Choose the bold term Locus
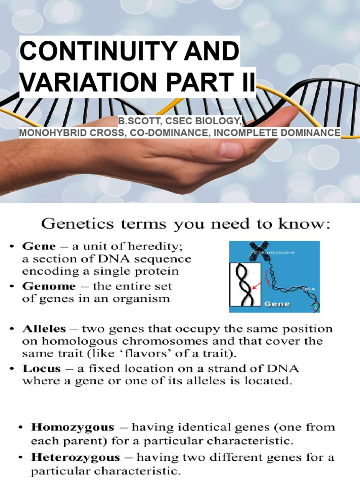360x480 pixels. [x=38, y=369]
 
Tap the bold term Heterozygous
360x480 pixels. [x=76, y=457]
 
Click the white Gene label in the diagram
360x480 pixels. [x=278, y=303]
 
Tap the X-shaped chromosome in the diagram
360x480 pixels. [x=258, y=247]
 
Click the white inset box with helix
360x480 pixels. [x=244, y=286]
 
